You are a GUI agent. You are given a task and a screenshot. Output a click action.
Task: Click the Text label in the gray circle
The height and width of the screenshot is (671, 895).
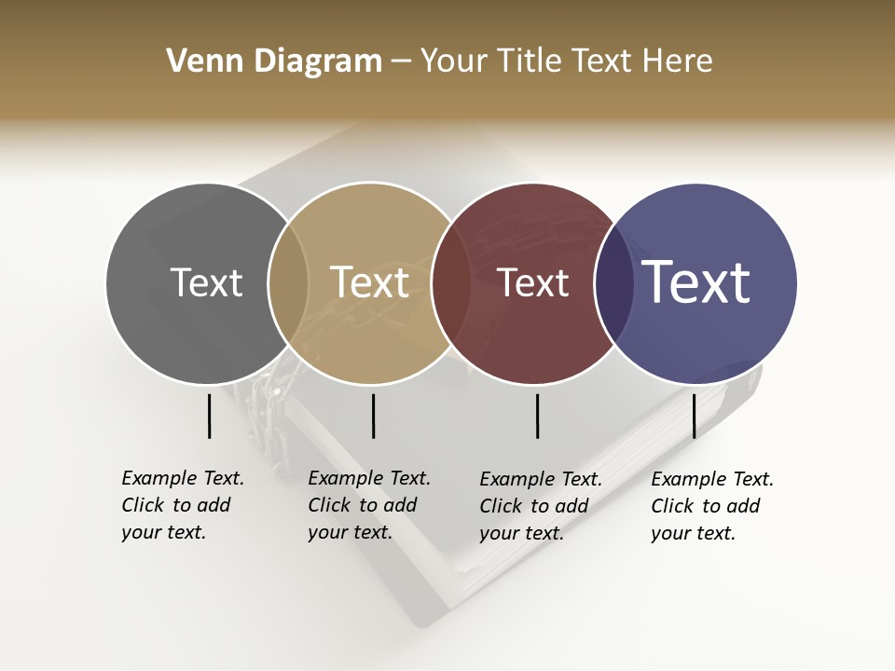(x=206, y=283)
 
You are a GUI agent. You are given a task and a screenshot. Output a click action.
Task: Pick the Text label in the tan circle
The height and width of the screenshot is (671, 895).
(x=370, y=283)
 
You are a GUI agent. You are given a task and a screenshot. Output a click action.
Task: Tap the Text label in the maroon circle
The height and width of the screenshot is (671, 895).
(x=532, y=283)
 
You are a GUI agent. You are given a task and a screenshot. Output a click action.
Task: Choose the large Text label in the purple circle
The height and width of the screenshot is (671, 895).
(x=696, y=283)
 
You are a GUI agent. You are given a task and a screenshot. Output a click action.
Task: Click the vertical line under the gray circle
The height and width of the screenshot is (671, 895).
(x=210, y=416)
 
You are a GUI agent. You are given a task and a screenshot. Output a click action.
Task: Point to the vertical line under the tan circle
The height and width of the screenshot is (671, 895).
(x=373, y=416)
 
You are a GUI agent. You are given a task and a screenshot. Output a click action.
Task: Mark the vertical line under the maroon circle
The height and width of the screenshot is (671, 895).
(x=537, y=416)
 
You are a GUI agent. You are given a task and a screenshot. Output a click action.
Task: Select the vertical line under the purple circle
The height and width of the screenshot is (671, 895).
(x=694, y=416)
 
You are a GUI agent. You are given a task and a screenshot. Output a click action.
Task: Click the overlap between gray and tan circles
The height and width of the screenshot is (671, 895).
(x=288, y=283)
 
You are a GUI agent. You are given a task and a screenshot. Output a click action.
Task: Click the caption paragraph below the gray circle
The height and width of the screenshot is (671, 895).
(x=183, y=505)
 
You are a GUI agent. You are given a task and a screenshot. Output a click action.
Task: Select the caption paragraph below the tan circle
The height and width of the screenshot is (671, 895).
(x=369, y=505)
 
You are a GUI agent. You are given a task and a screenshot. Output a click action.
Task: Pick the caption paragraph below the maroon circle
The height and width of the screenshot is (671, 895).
(x=541, y=506)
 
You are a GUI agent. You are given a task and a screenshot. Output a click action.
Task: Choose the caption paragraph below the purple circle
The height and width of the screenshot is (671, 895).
(x=712, y=506)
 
